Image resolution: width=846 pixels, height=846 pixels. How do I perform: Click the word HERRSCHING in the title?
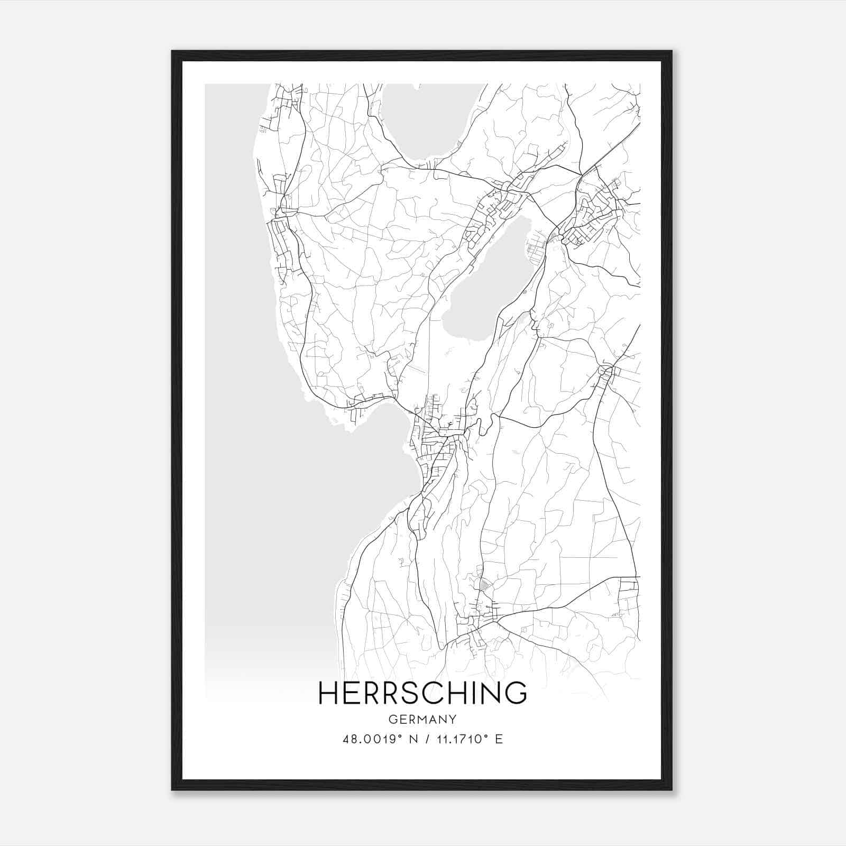pos(422,693)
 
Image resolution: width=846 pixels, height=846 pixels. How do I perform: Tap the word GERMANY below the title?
pos(422,720)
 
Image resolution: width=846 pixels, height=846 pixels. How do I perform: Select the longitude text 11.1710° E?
pos(468,739)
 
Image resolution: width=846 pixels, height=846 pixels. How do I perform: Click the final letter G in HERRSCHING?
pos(516,693)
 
